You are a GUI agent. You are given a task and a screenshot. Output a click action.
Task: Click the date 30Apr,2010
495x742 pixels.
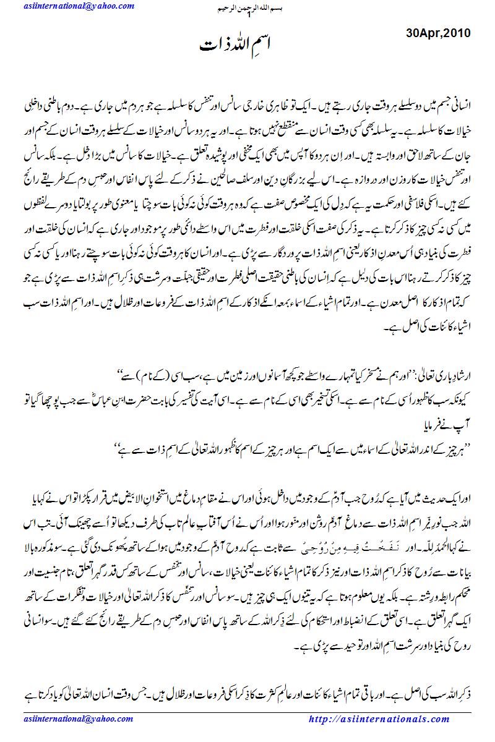tap(439, 32)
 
